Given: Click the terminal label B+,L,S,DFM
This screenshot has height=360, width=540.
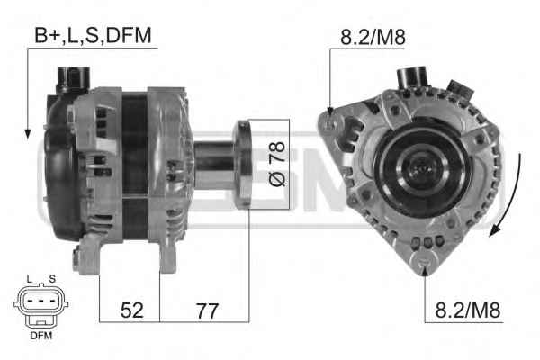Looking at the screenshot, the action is [x=93, y=35].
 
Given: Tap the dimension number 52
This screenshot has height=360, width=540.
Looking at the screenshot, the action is [x=132, y=310].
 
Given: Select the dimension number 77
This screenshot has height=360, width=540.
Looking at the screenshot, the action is [x=207, y=310].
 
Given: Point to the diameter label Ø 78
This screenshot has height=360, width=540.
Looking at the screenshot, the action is [x=277, y=164].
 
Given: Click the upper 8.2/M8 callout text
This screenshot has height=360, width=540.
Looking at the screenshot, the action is [x=373, y=37].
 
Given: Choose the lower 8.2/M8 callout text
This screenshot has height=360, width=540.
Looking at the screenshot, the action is [x=468, y=310].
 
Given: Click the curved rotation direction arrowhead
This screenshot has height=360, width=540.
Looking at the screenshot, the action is [x=494, y=230].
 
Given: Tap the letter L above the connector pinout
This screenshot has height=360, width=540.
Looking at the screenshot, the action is [x=30, y=279].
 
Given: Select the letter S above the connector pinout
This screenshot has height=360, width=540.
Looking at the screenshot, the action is [x=52, y=279].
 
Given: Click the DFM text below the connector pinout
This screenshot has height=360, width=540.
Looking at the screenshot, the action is [x=41, y=335].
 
